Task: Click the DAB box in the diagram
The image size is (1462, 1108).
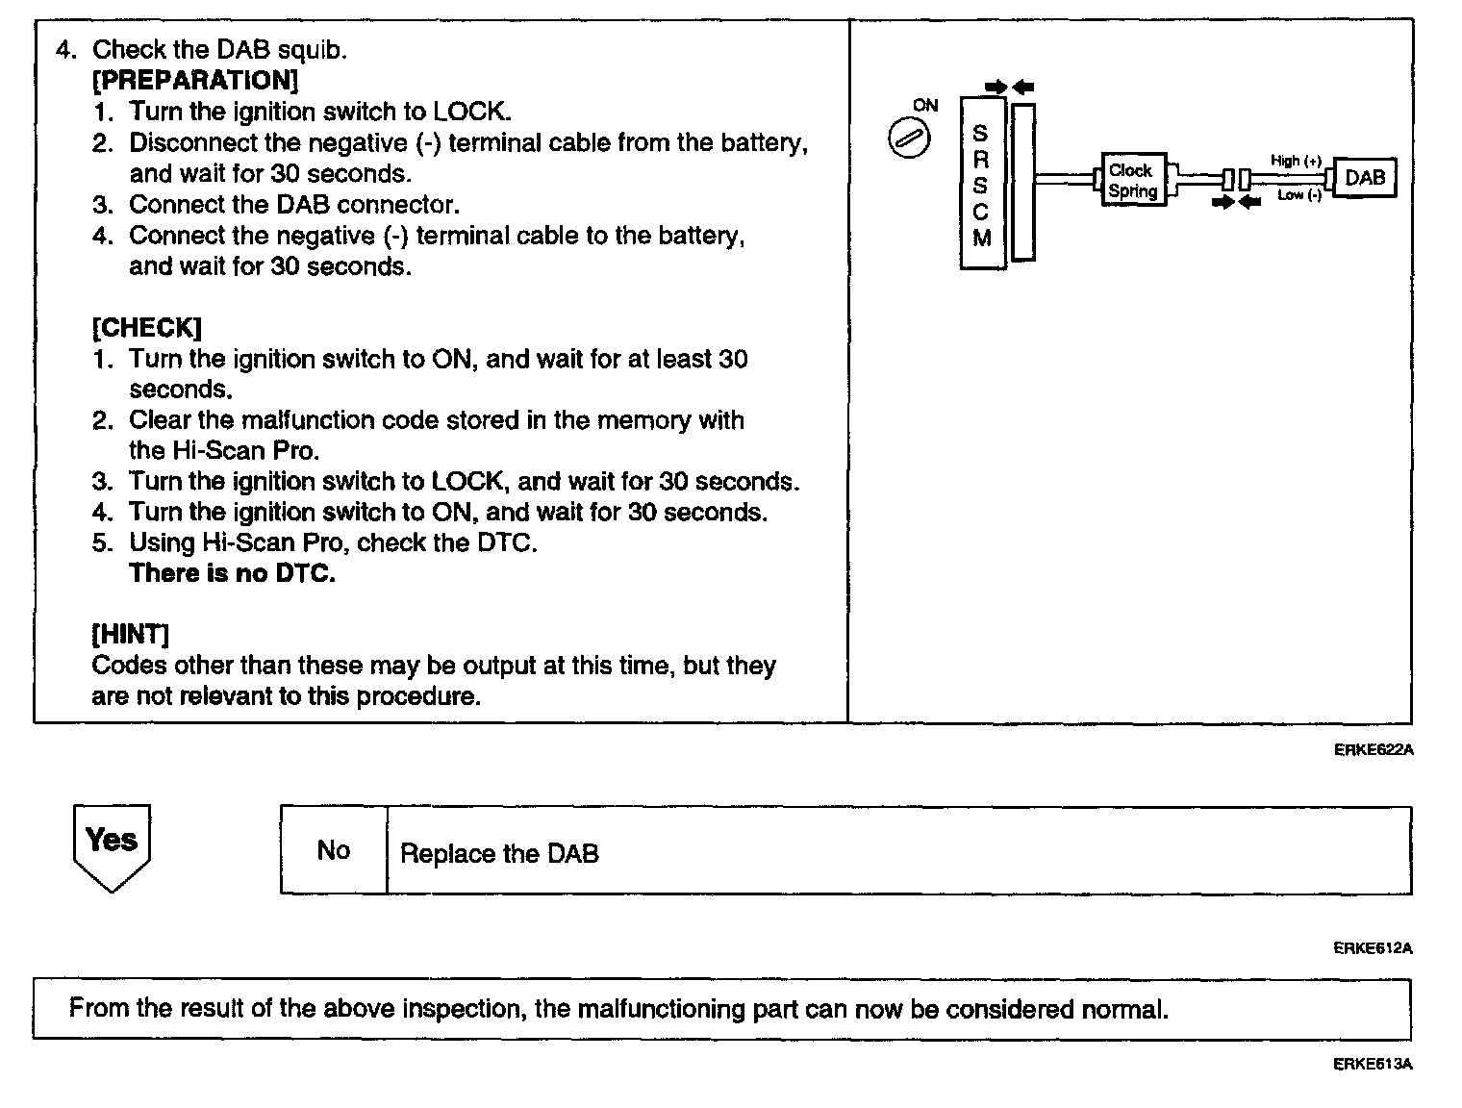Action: (1365, 178)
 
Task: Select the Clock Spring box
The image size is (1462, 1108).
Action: (1132, 180)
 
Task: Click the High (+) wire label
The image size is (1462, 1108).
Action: (1296, 161)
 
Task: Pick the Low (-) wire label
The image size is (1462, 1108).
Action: (1298, 195)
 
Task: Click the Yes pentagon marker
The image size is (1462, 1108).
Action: (112, 844)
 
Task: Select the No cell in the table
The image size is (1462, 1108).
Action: (333, 851)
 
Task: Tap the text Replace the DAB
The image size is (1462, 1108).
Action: (499, 854)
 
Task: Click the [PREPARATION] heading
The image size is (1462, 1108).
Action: (195, 80)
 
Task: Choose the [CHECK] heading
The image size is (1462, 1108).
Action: (146, 328)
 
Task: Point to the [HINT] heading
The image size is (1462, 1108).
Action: (130, 635)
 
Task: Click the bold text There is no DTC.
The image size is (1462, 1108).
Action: (232, 574)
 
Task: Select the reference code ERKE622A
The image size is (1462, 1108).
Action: (1373, 750)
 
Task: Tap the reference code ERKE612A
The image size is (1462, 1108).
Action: (1373, 948)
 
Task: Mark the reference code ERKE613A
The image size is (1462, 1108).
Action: (1373, 1064)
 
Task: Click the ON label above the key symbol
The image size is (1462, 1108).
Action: (925, 106)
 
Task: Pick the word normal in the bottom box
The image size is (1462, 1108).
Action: (1123, 1010)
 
